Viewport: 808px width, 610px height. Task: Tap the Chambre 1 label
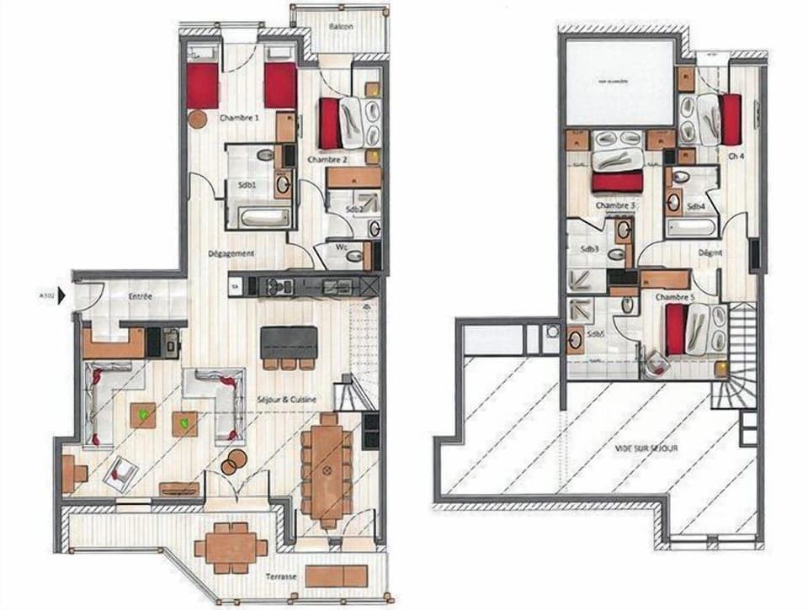238,119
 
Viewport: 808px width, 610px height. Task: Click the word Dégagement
231,253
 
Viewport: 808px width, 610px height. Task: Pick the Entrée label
140,298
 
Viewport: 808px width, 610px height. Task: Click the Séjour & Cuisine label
287,400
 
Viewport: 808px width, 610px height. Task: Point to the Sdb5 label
594,334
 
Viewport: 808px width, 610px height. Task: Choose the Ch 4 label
734,156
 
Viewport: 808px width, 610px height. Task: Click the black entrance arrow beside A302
61,296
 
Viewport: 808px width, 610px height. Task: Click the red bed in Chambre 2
328,124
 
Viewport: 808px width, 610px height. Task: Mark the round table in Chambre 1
198,119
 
